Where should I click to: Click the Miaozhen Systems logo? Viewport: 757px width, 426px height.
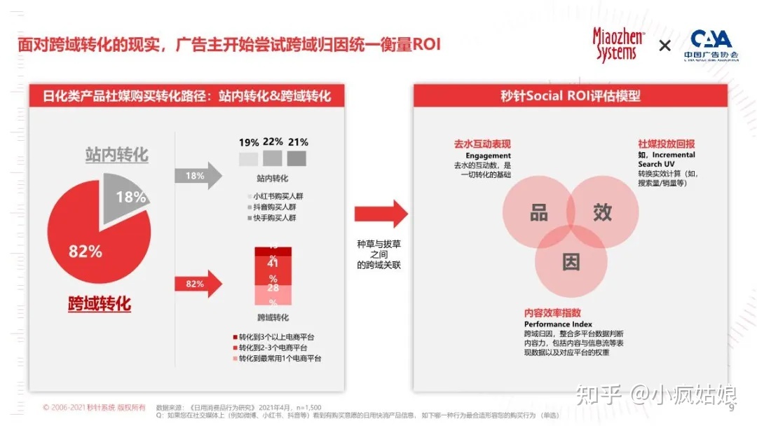click(618, 44)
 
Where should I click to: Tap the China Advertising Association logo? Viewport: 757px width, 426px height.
click(711, 45)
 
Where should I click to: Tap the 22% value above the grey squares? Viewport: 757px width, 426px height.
click(273, 142)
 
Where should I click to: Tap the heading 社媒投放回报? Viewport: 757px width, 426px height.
click(667, 144)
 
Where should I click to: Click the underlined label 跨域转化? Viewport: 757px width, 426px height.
click(99, 303)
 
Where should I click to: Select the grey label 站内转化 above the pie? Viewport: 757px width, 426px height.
click(116, 154)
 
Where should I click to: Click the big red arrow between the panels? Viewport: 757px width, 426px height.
click(381, 213)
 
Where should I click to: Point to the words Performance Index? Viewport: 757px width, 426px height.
click(558, 324)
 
